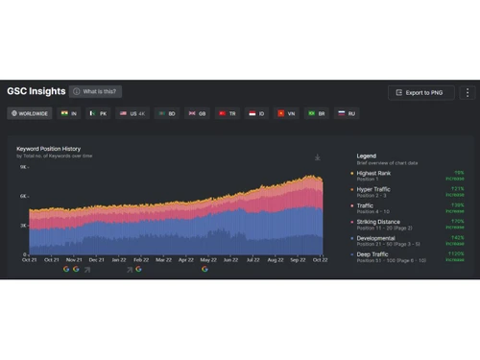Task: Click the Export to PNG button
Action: pyautogui.click(x=421, y=92)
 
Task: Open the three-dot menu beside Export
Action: pyautogui.click(x=468, y=92)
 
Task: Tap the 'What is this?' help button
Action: pyautogui.click(x=95, y=92)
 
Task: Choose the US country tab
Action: pyautogui.click(x=132, y=113)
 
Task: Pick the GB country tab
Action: pyautogui.click(x=197, y=113)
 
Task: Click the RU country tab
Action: pyautogui.click(x=345, y=113)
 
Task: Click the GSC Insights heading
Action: pyautogui.click(x=36, y=92)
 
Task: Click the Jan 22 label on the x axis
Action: pyautogui.click(x=119, y=259)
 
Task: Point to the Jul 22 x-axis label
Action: pyautogui.click(x=253, y=259)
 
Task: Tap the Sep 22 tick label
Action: pyautogui.click(x=300, y=259)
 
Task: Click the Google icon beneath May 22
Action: pyautogui.click(x=204, y=270)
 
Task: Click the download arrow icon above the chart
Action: pyautogui.click(x=317, y=156)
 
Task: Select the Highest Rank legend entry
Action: pyautogui.click(x=374, y=173)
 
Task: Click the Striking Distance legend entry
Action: pyautogui.click(x=379, y=221)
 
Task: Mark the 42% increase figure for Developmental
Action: pyautogui.click(x=458, y=236)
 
